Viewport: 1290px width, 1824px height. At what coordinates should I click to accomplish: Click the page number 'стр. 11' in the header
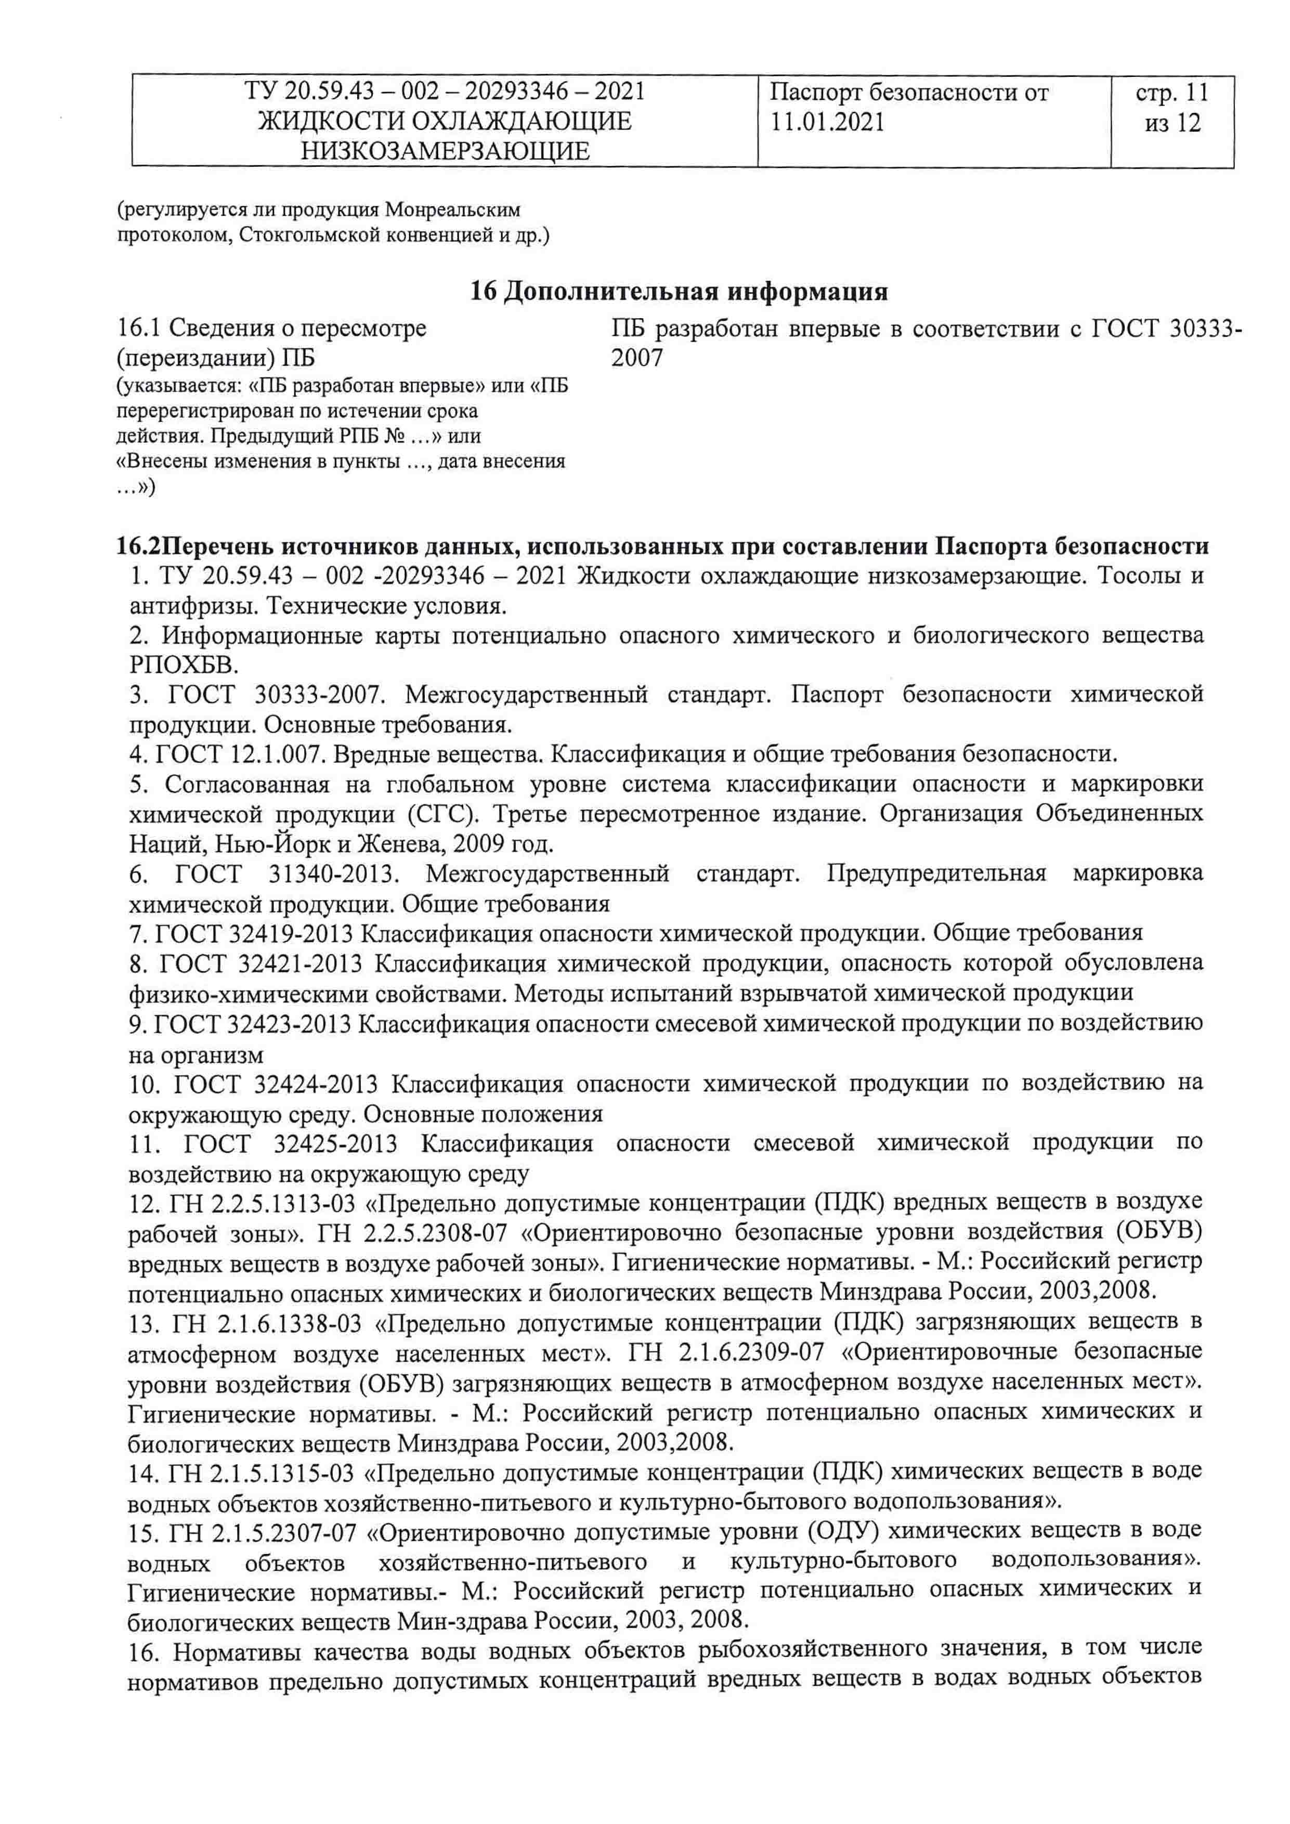pyautogui.click(x=1171, y=93)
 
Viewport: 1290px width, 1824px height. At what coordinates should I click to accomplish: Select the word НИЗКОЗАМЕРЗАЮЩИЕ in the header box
pyautogui.click(x=445, y=151)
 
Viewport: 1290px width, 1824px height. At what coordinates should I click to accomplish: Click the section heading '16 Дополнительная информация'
pyautogui.click(x=679, y=292)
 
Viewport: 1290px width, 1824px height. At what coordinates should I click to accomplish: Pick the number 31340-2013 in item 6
pyautogui.click(x=333, y=874)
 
